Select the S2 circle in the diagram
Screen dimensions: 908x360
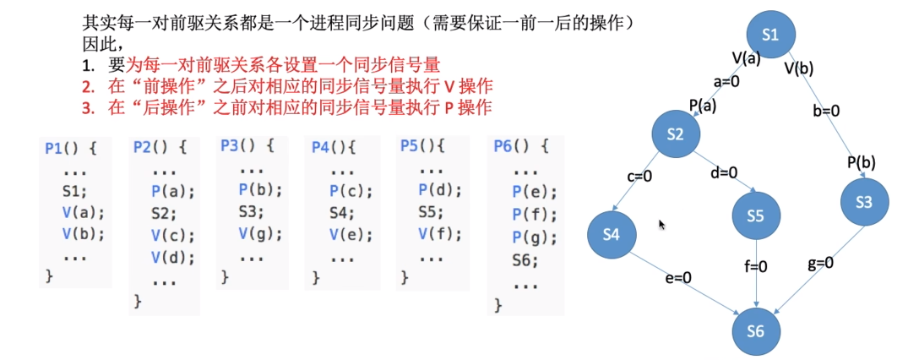click(675, 134)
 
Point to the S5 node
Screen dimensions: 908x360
click(755, 215)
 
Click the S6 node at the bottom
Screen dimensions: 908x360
click(755, 330)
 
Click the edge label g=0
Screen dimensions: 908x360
click(820, 263)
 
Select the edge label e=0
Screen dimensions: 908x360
click(677, 276)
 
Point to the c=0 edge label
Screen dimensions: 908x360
click(639, 177)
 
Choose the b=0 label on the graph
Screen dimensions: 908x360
click(826, 110)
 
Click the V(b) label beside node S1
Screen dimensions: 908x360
click(798, 68)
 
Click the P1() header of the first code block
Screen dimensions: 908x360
click(71, 149)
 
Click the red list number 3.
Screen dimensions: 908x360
click(87, 107)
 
